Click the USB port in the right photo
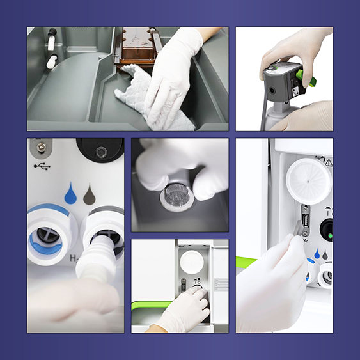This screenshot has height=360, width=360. click(306, 222)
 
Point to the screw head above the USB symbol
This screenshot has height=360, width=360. click(41, 148)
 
